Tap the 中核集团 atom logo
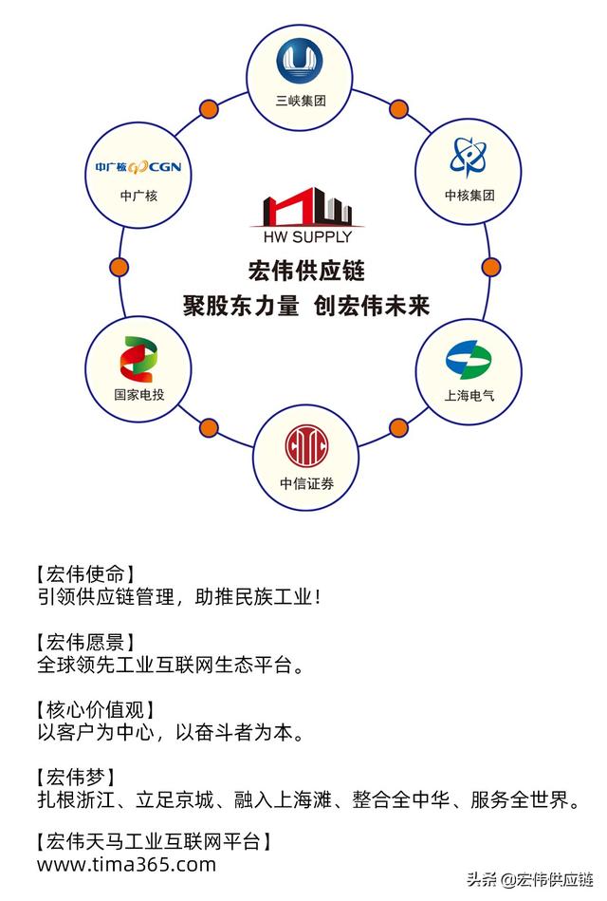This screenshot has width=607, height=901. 468,157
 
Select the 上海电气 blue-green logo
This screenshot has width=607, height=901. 469,360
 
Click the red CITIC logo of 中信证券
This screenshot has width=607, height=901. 305,446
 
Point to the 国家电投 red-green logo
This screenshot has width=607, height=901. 138,359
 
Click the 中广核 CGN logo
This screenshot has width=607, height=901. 138,167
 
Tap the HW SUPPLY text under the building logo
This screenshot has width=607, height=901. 307,236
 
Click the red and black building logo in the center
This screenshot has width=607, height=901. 307,206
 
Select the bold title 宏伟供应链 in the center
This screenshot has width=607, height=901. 306,271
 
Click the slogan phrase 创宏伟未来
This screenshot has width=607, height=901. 372,306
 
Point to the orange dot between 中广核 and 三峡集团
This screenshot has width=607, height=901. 209,108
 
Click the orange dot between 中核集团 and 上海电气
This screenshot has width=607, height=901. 491,267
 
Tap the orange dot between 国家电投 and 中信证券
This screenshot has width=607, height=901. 209,427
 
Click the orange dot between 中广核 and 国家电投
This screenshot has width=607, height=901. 119,267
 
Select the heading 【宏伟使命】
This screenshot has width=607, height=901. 85,573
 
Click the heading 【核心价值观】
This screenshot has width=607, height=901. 95,709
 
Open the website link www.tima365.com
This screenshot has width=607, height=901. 126,865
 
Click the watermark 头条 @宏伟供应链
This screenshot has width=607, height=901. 529,879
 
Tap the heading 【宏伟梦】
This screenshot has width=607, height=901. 75,778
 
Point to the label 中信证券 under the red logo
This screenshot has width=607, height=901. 306,484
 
